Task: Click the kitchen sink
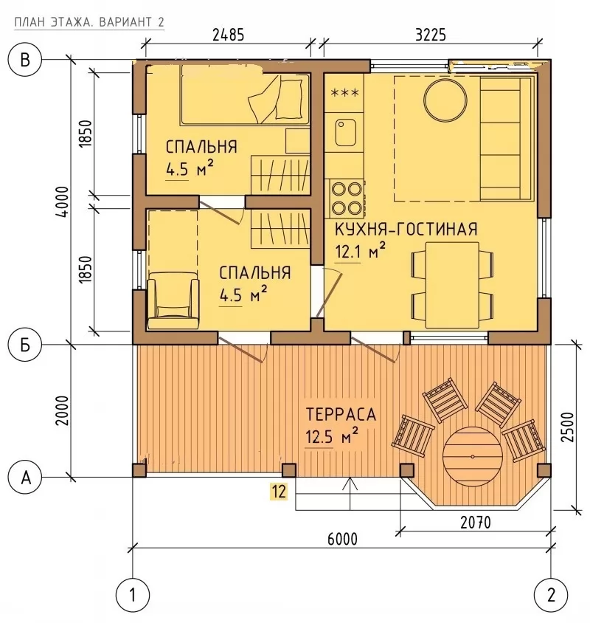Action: point(345,132)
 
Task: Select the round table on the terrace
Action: point(473,455)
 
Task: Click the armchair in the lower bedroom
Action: point(173,300)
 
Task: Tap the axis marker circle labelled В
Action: point(24,61)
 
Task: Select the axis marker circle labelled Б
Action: point(24,345)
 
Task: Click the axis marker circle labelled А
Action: point(25,477)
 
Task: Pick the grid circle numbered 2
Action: point(551,595)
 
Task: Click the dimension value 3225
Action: point(431,35)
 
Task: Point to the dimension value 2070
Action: point(475,523)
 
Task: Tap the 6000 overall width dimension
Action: point(342,539)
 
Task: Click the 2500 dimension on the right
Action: point(568,427)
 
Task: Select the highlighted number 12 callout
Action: point(279,492)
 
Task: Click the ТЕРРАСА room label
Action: point(341,414)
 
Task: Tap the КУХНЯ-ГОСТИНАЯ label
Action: point(406,230)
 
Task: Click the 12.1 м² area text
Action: point(361,251)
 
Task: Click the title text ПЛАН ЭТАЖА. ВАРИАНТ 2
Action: point(89,22)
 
